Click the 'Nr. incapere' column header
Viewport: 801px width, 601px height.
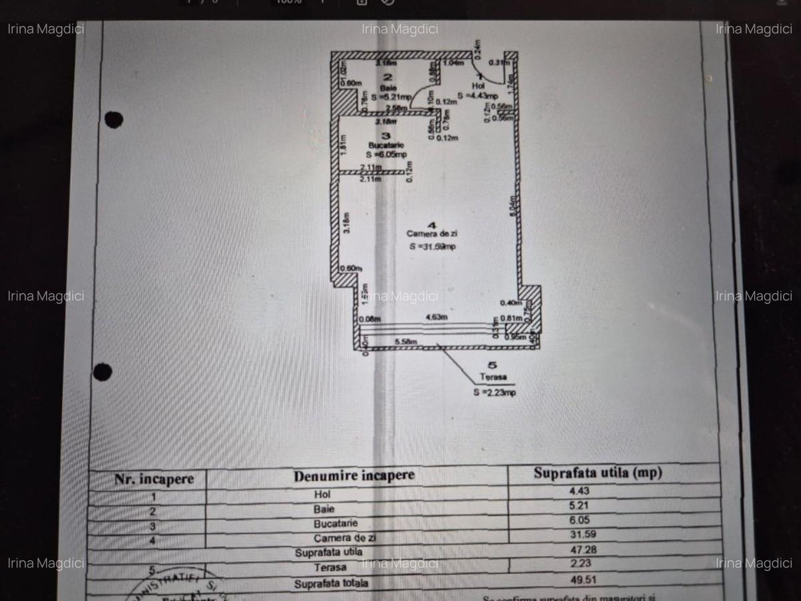(154, 479)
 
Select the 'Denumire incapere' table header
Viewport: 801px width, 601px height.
(353, 475)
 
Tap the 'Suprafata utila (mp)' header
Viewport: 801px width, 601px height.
(597, 473)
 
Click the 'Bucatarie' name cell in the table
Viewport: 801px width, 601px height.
(335, 524)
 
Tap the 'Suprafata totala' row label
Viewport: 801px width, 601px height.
(331, 583)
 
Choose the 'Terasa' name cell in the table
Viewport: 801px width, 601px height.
(331, 568)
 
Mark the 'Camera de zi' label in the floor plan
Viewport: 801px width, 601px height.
(432, 234)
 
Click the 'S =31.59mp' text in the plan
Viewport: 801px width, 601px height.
(432, 246)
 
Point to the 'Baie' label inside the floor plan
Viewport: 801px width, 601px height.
(388, 88)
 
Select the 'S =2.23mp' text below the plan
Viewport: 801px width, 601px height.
(494, 393)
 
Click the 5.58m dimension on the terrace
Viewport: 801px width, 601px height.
(406, 343)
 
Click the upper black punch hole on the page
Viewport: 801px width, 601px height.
(114, 120)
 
